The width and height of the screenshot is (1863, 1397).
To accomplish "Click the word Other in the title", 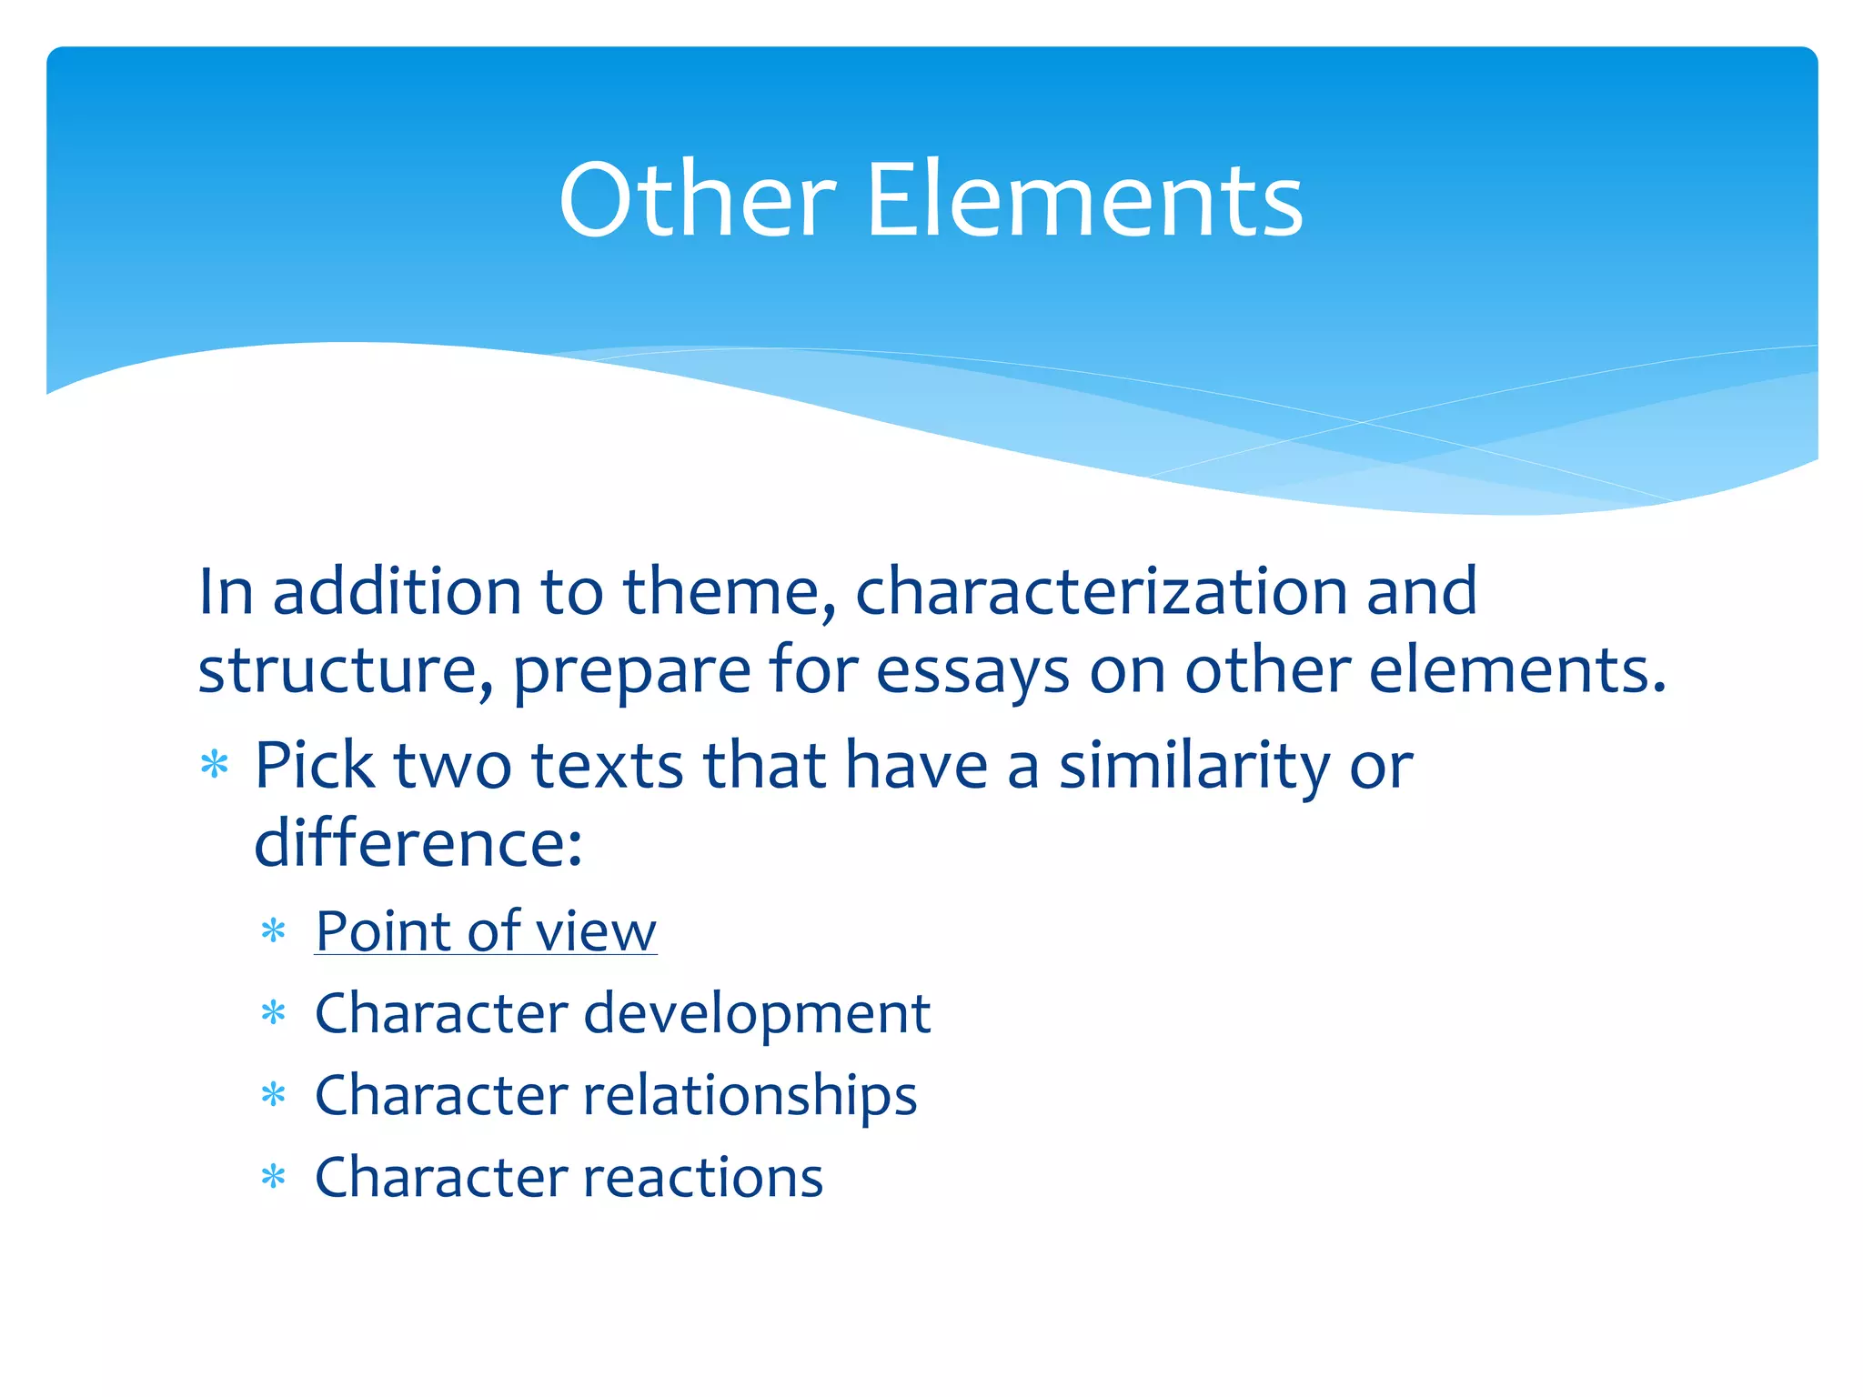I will pyautogui.click(x=697, y=200).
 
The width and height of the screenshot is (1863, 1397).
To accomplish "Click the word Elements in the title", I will pyautogui.click(x=1084, y=200).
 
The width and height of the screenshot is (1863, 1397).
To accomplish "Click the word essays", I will pyautogui.click(x=972, y=670).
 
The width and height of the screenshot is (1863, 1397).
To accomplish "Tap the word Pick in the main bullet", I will pyautogui.click(x=314, y=765).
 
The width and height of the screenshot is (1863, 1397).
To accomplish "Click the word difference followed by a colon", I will pyautogui.click(x=417, y=843).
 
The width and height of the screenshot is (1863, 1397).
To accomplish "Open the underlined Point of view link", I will pyautogui.click(x=486, y=931).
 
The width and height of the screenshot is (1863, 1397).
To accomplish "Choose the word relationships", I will pyautogui.click(x=750, y=1095).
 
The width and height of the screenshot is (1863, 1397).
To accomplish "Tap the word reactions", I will pyautogui.click(x=703, y=1177).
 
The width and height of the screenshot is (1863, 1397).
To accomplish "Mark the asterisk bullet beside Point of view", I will pyautogui.click(x=273, y=931).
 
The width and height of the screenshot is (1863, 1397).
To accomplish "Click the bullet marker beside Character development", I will pyautogui.click(x=273, y=1013).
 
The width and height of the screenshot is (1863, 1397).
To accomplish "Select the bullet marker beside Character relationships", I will pyautogui.click(x=273, y=1095).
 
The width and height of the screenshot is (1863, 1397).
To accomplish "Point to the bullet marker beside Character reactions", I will pyautogui.click(x=273, y=1178).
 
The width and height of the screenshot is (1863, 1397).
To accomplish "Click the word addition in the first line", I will pyautogui.click(x=398, y=592).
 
